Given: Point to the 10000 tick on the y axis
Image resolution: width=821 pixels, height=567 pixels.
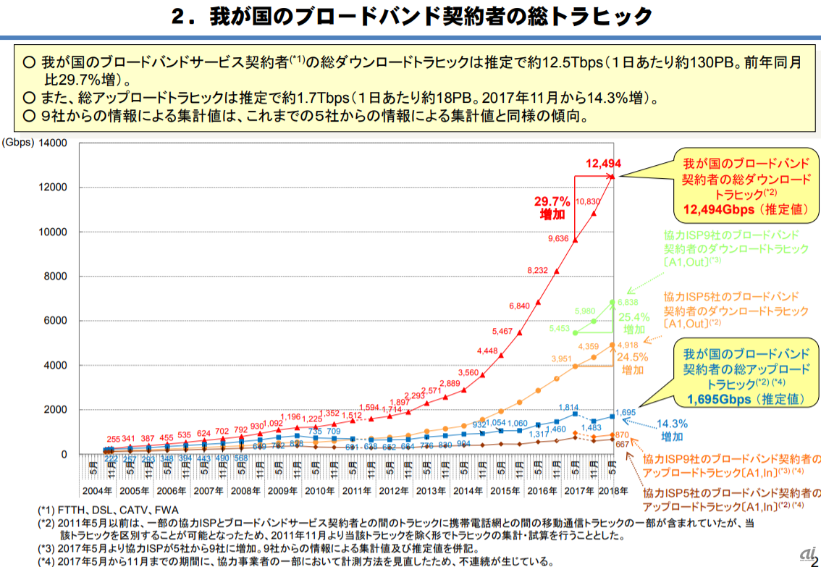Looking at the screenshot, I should point(53,232).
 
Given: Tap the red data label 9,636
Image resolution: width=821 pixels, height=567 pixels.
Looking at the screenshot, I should point(558,238).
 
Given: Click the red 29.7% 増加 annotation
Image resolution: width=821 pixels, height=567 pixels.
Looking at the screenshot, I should point(552,208).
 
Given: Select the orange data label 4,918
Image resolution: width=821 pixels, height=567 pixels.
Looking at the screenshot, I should point(627,345).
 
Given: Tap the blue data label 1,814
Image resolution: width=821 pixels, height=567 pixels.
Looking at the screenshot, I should point(568,407).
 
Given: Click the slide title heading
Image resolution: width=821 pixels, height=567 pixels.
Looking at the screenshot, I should point(410,17).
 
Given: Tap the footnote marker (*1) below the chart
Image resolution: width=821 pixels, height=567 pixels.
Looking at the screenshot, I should point(49,510).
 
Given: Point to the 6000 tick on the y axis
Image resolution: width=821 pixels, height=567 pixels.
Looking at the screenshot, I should point(55,321).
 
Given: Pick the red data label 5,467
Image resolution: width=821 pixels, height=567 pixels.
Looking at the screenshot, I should point(502,332).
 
